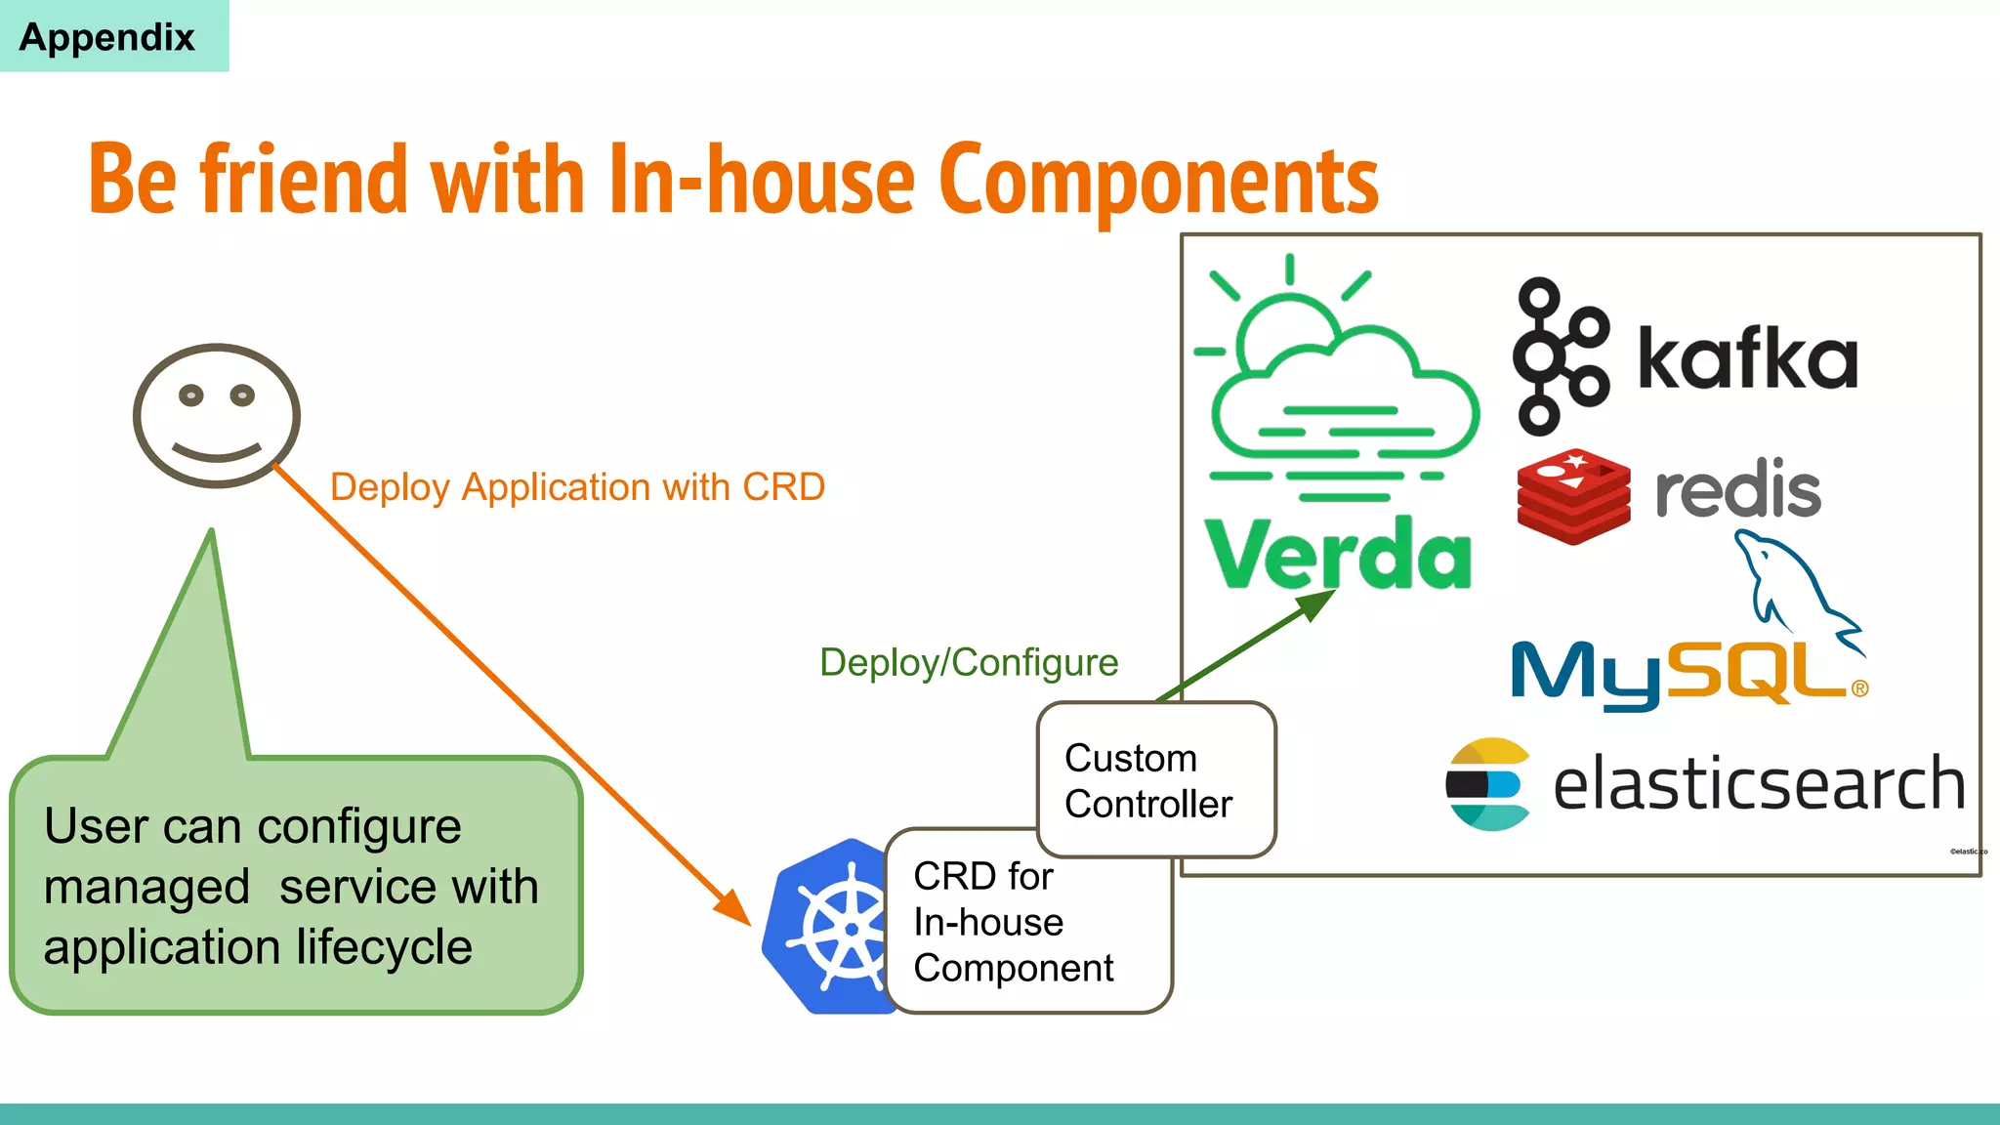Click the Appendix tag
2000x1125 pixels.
107,37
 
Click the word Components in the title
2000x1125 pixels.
1158,181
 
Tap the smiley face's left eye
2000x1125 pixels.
191,396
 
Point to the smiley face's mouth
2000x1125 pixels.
217,453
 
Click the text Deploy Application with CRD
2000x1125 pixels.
577,487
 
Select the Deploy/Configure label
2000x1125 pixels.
968,663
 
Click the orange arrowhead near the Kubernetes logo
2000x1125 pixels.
733,907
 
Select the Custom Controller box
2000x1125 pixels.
1155,780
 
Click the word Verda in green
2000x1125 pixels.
1338,554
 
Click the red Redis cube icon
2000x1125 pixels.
1573,496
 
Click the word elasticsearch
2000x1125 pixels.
1758,784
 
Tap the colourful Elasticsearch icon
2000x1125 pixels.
1486,784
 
